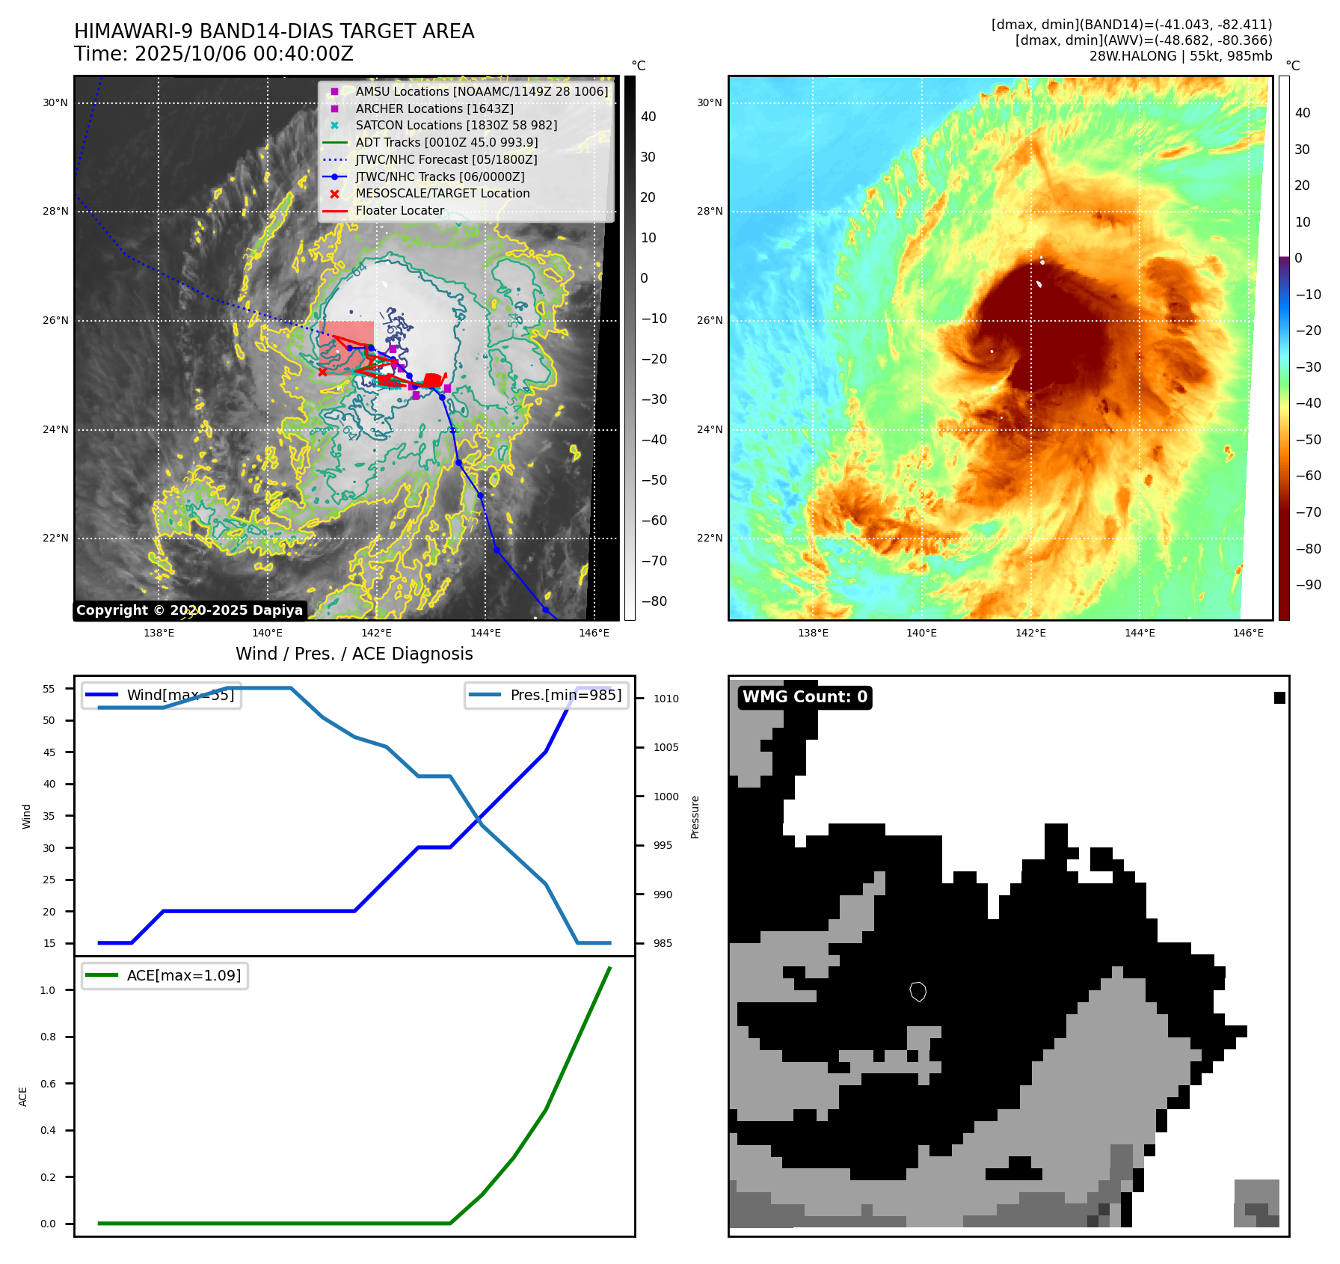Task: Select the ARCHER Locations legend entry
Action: pyautogui.click(x=434, y=108)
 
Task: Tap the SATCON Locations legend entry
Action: pyautogui.click(x=456, y=126)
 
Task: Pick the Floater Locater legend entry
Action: pyautogui.click(x=399, y=211)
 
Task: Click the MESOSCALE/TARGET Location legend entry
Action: pyautogui.click(x=442, y=194)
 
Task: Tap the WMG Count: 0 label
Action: pyautogui.click(x=805, y=697)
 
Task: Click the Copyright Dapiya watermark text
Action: pyautogui.click(x=189, y=610)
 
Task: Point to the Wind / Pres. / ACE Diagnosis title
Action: pyautogui.click(x=354, y=654)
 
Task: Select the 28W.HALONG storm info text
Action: pyautogui.click(x=1180, y=56)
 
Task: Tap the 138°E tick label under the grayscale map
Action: pyautogui.click(x=159, y=633)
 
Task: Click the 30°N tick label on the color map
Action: pyautogui.click(x=710, y=103)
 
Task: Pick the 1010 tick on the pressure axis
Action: pyautogui.click(x=666, y=699)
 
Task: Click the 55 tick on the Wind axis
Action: pyautogui.click(x=49, y=689)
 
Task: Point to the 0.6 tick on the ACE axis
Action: pyautogui.click(x=49, y=1084)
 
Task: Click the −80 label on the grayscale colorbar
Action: pyautogui.click(x=654, y=601)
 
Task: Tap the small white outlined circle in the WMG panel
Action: pyautogui.click(x=918, y=992)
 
